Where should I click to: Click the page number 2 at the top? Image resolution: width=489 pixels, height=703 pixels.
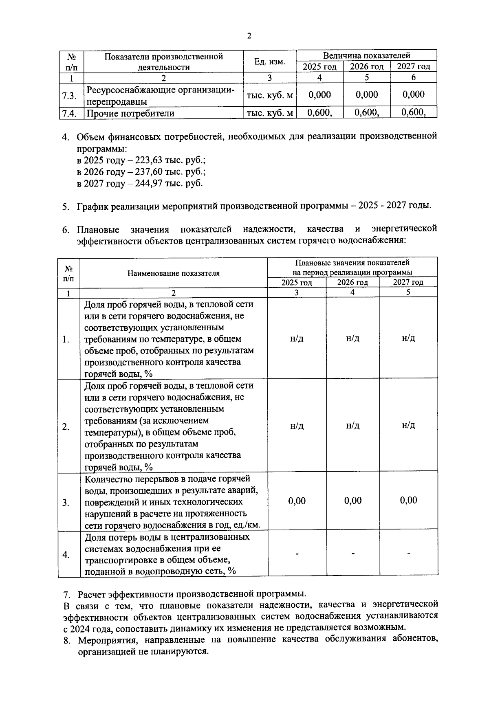[x=249, y=36]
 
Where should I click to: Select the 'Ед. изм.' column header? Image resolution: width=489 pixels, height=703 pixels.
[x=269, y=62]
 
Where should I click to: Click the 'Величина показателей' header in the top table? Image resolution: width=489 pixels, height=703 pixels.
[x=366, y=55]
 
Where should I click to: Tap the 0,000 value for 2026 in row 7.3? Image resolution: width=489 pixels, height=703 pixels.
[x=367, y=94]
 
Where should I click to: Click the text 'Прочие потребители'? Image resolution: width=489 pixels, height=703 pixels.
[x=130, y=113]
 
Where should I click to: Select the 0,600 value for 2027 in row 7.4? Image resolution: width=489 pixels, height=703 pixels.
[x=414, y=112]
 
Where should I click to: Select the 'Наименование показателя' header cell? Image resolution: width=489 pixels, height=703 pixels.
[x=174, y=273]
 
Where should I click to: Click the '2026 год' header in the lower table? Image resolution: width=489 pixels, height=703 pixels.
[x=352, y=282]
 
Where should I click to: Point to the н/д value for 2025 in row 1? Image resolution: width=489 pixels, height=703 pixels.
[x=297, y=338]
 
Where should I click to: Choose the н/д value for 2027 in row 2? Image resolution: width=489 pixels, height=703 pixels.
[x=408, y=426]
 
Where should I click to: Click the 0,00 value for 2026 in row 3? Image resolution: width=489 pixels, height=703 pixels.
[x=353, y=501]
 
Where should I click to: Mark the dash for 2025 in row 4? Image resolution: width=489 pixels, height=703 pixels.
[x=297, y=554]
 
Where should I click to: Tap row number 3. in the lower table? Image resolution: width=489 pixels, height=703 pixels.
[x=66, y=503]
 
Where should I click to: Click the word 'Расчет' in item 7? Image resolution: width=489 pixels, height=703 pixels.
[x=92, y=593]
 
